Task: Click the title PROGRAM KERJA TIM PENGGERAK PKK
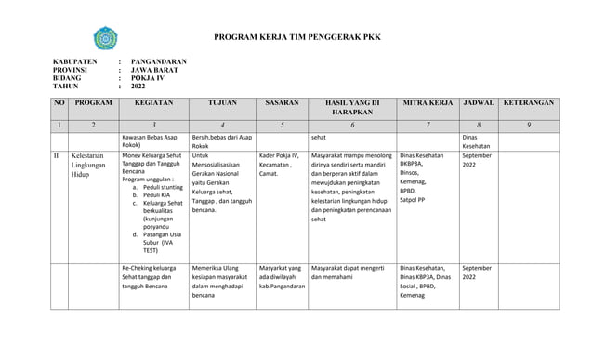304,38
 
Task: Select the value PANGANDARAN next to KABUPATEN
159,62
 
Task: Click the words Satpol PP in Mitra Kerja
413,199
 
